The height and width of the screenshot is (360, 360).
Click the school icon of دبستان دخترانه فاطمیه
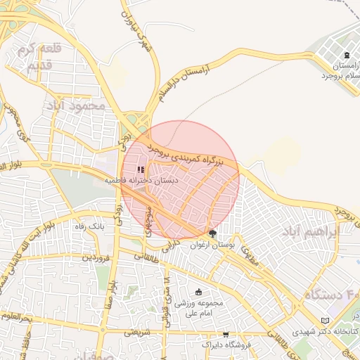pyautogui.click(x=141, y=169)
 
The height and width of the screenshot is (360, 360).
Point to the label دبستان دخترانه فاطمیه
pyautogui.click(x=141, y=181)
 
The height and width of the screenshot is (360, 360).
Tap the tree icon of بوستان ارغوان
pyautogui.click(x=213, y=233)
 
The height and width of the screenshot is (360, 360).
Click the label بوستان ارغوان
pyautogui.click(x=217, y=243)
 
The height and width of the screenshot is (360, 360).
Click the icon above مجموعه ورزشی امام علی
pyautogui.click(x=199, y=292)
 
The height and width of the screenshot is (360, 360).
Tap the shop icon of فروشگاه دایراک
pyautogui.click(x=226, y=335)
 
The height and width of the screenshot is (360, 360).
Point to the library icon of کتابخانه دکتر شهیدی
pyautogui.click(x=324, y=320)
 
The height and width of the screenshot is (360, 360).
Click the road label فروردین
pyautogui.click(x=94, y=258)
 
